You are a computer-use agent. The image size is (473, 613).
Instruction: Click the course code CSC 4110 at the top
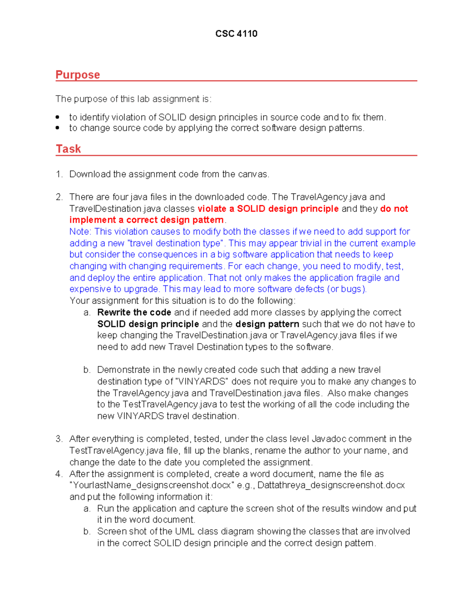click(x=236, y=34)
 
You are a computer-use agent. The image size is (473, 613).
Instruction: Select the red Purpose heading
click(x=78, y=75)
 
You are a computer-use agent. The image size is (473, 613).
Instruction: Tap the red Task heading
click(x=68, y=149)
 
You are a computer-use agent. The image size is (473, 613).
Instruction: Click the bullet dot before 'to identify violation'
click(x=58, y=117)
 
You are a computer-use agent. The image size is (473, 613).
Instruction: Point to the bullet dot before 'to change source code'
click(x=58, y=128)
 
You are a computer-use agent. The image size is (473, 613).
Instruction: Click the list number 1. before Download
click(x=59, y=174)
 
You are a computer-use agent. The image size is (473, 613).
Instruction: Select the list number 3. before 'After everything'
click(x=59, y=439)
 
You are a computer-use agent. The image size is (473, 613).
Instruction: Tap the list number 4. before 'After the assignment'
click(x=59, y=474)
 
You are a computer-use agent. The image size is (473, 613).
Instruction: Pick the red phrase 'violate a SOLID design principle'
click(x=268, y=209)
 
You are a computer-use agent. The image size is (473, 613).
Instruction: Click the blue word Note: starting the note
click(x=80, y=232)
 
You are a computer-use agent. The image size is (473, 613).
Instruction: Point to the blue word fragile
click(x=369, y=278)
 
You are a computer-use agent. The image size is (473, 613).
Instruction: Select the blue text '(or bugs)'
click(x=347, y=289)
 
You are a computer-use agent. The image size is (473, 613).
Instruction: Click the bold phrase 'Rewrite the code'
click(x=134, y=313)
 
